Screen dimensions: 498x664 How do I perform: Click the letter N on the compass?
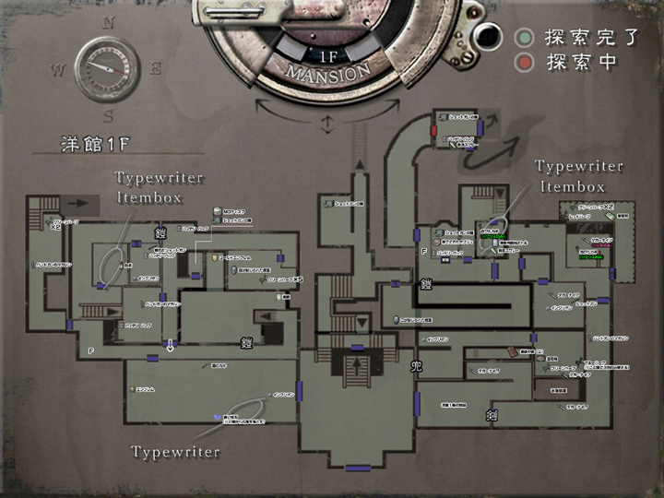click(109, 23)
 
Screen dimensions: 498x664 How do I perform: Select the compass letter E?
click(156, 67)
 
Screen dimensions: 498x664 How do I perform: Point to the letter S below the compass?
click(109, 116)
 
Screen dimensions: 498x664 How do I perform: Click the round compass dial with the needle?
click(108, 68)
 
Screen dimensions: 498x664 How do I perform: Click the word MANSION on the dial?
click(328, 71)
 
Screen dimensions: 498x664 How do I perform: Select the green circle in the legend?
click(525, 39)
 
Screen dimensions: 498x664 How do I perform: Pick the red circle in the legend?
click(525, 63)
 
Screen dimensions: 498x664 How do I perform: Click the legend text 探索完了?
click(579, 39)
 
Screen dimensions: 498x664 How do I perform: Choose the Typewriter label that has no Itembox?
click(175, 452)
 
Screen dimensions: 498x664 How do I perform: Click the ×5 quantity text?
click(297, 278)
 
